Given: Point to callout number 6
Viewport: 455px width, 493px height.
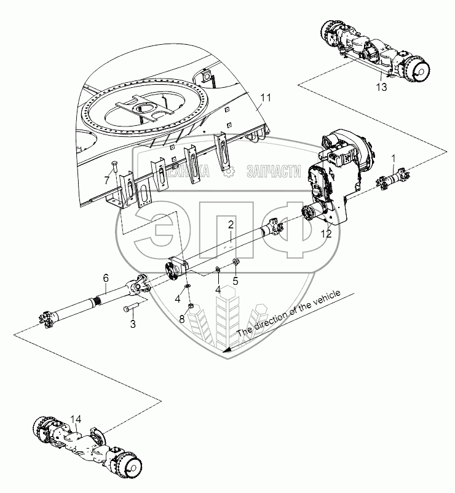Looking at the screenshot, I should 106,279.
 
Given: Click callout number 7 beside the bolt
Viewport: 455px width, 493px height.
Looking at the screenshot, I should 106,181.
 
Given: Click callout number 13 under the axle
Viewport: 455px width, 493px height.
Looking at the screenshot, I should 381,87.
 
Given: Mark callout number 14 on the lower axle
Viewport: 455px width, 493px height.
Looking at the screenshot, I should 75,419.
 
